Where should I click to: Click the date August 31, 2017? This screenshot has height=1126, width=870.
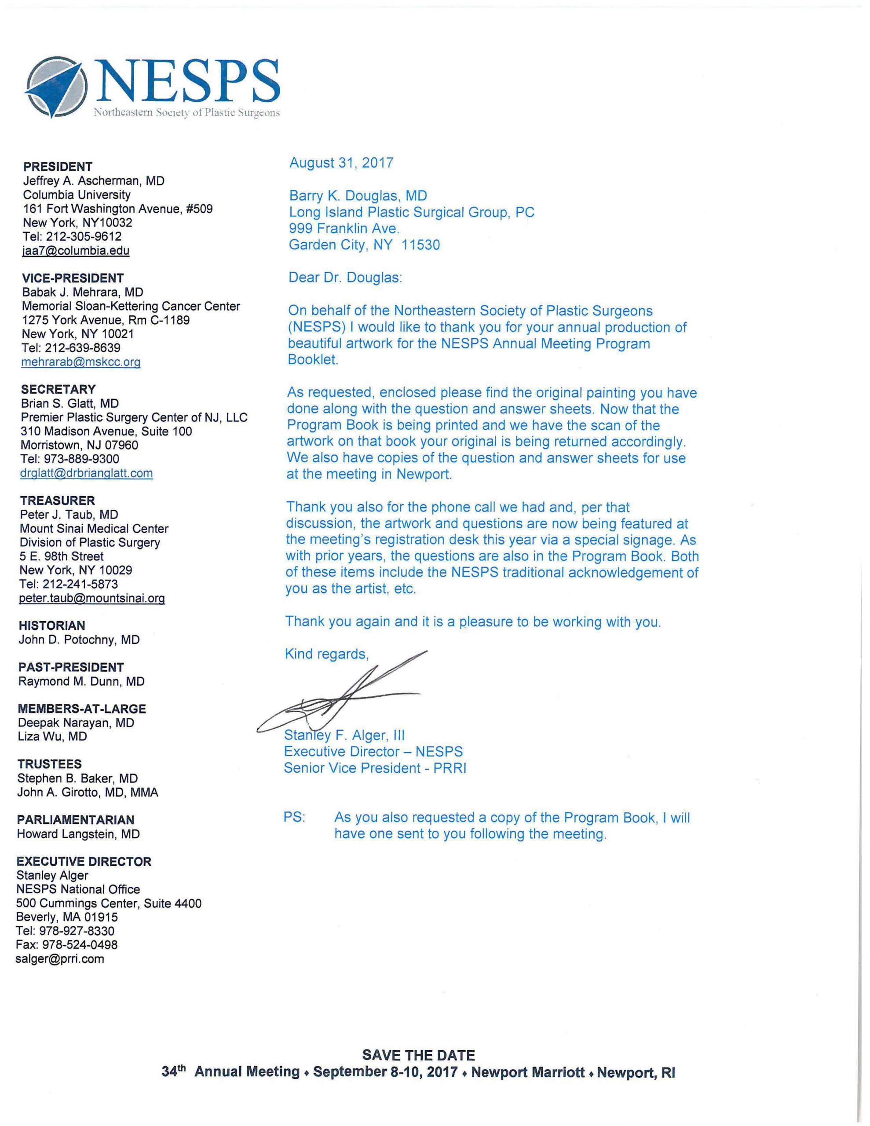point(341,163)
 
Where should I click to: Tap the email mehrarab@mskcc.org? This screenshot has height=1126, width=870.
point(81,362)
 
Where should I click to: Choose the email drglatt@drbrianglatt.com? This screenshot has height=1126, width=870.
point(87,473)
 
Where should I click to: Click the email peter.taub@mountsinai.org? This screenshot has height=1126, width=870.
point(92,599)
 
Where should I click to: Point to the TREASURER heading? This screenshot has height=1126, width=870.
point(57,501)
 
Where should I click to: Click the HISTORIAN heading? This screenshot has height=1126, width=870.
point(51,626)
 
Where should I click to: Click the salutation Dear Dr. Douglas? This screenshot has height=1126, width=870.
point(345,278)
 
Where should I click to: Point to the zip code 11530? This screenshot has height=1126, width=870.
point(421,245)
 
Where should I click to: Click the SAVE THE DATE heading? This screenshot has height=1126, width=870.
point(418,1055)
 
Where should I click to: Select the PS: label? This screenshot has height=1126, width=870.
point(294,817)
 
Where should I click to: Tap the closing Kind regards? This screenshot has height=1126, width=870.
point(327,654)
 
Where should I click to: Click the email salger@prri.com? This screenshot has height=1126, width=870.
point(60,959)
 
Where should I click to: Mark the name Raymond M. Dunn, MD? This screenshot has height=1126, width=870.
point(81,682)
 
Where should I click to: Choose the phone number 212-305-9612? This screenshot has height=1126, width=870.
point(84,237)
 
